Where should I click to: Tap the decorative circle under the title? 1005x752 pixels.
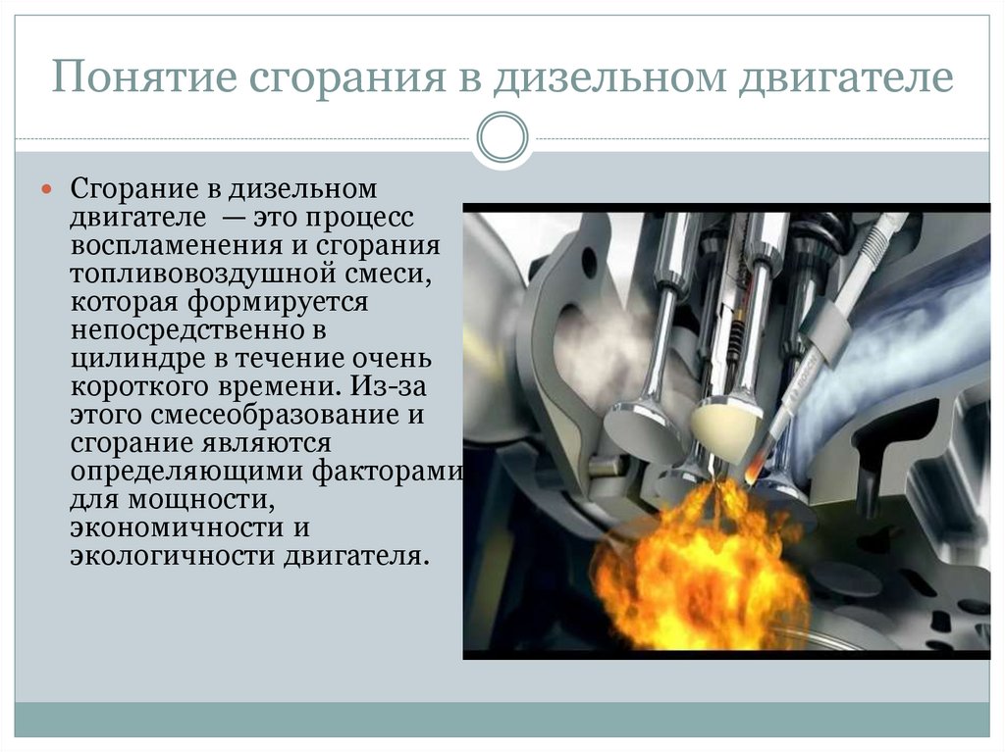click(502, 137)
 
